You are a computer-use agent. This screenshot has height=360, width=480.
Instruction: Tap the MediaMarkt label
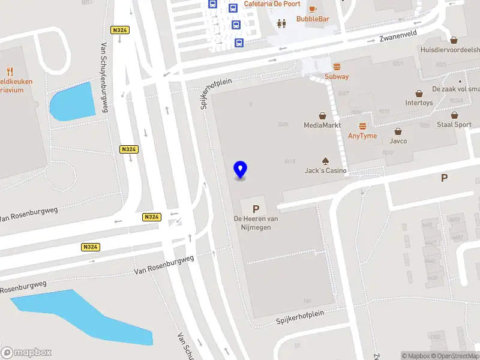322,125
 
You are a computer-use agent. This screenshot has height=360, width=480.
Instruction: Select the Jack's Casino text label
325,171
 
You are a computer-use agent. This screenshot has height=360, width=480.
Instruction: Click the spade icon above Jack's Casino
325,161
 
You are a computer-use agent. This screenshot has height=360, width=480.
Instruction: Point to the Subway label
337,77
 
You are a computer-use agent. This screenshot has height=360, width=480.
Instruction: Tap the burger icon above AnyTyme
362,126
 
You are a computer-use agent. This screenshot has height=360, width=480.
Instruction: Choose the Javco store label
398,141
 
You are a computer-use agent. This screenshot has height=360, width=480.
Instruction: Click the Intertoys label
419,103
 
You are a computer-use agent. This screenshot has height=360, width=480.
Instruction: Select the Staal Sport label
454,125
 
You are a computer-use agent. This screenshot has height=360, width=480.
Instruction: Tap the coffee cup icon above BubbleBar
312,8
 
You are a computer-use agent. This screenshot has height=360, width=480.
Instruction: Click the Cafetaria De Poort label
272,4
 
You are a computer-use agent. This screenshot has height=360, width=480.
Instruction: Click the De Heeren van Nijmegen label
256,223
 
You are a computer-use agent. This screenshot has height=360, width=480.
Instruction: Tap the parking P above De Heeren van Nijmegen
256,209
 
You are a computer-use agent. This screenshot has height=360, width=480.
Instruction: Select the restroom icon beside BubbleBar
281,23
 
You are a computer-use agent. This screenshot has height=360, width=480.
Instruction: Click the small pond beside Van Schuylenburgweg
73,102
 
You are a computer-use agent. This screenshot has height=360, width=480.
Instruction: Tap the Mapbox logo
26,353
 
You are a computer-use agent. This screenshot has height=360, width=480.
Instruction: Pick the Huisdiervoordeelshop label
450,50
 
